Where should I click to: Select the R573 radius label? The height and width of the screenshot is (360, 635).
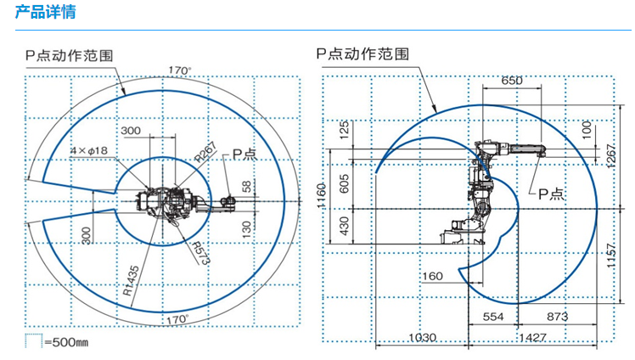pos(198,252)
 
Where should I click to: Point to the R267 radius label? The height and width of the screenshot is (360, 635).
pos(205,151)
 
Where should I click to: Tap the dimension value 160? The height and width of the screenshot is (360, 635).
pos(433,276)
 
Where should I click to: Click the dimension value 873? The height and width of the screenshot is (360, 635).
pos(556,316)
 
